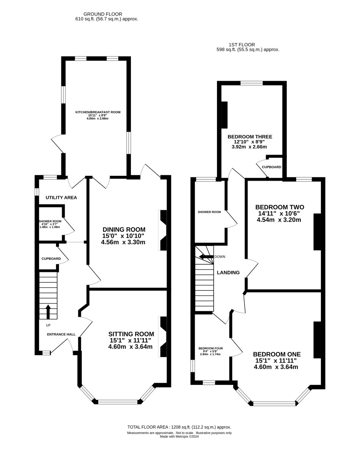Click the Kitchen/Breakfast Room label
pyautogui.click(x=98, y=112)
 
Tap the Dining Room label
pyautogui.click(x=124, y=229)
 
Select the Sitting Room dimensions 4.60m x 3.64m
pyautogui.click(x=130, y=347)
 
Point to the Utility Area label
pyautogui.click(x=61, y=198)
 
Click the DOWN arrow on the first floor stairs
pyautogui.click(x=206, y=257)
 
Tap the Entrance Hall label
pyautogui.click(x=61, y=334)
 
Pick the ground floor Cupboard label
pyautogui.click(x=51, y=259)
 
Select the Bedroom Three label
pyautogui.click(x=250, y=137)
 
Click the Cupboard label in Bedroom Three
pyautogui.click(x=271, y=167)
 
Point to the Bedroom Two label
pyautogui.click(x=280, y=207)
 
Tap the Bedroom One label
pyautogui.click(x=277, y=354)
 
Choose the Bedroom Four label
pyautogui.click(x=210, y=348)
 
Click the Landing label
pyautogui.click(x=228, y=272)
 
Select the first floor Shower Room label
pyautogui.click(x=209, y=212)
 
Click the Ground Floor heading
pyautogui.click(x=103, y=14)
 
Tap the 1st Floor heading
pyautogui.click(x=242, y=45)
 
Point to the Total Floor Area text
pyautogui.click(x=179, y=427)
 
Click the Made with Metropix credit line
pyautogui.click(x=179, y=436)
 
